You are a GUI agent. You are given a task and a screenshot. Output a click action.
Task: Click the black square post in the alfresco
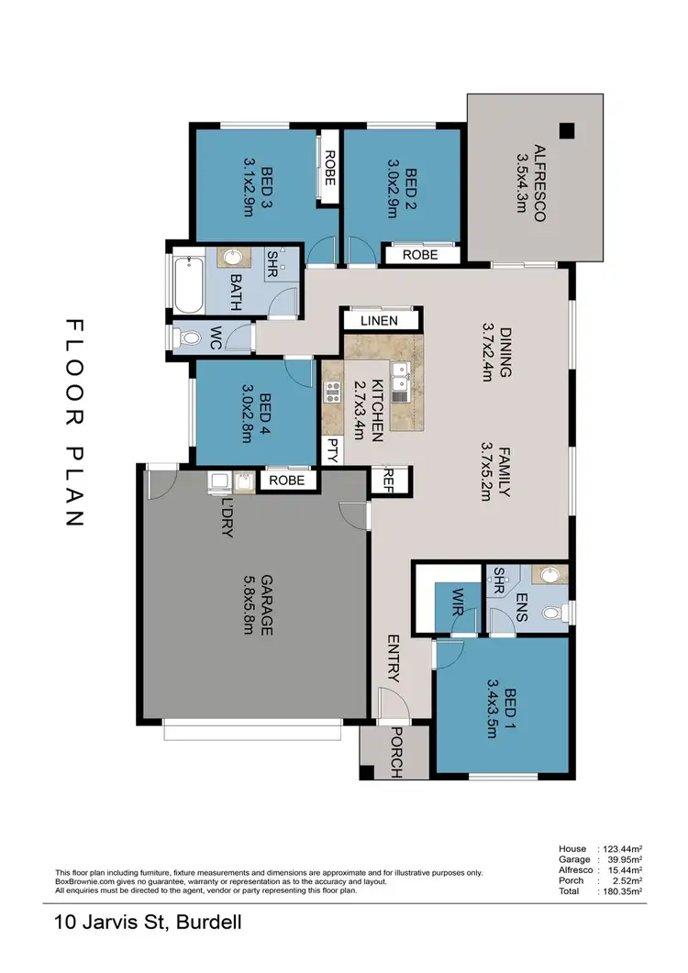pos(568,130)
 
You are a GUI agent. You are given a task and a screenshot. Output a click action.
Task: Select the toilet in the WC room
pos(188,338)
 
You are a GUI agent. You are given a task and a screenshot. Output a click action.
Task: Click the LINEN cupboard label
pos(379,320)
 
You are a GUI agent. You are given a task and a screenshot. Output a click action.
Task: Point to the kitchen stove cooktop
pos(333,397)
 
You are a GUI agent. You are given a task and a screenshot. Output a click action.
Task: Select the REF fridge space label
pos(390,480)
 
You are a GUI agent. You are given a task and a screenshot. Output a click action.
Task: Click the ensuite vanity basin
pos(549,575)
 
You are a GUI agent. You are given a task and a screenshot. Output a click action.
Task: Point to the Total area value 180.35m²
pos(621,890)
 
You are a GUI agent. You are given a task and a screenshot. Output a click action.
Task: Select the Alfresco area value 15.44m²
pos(621,869)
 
